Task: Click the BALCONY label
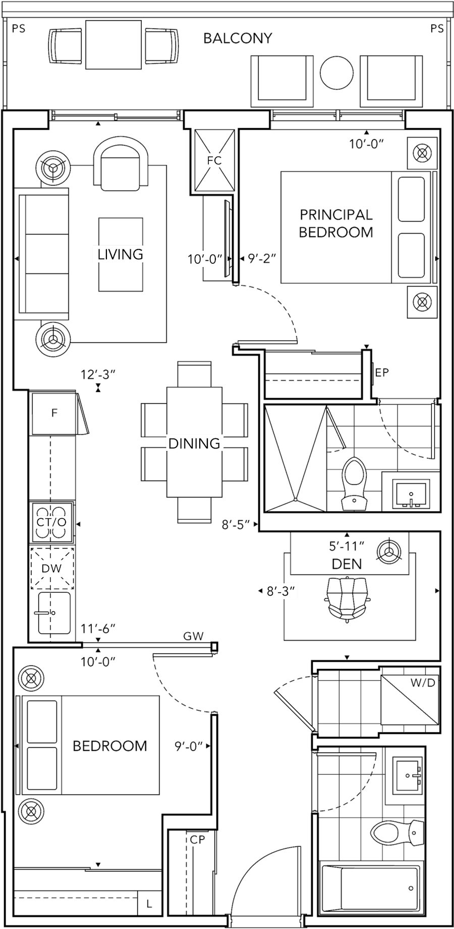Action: point(238,38)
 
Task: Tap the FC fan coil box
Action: point(214,161)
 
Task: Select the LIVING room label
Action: point(121,254)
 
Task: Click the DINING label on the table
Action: point(194,444)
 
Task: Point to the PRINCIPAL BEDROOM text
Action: point(336,223)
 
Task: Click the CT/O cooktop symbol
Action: point(52,522)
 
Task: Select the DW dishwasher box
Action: point(52,568)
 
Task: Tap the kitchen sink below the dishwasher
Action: point(54,612)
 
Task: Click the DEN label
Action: point(347,564)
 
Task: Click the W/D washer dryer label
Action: point(423,683)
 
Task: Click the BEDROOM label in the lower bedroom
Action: point(110,746)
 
